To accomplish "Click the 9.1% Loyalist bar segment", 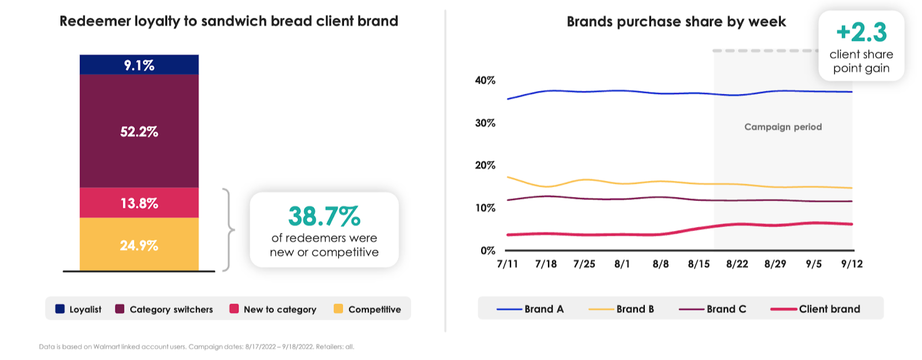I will point(139,65).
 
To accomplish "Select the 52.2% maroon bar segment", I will point(139,131).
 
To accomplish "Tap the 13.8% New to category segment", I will point(139,203).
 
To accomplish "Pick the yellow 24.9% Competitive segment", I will point(139,245).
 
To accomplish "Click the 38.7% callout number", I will point(324,217).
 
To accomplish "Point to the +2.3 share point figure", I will point(861,32).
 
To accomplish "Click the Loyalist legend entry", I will point(78,309).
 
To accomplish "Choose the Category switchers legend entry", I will point(164,309).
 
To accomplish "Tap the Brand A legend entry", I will point(531,309).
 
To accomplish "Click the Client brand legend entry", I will point(815,309).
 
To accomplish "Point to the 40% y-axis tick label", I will point(485,81).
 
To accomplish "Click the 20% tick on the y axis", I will point(485,165).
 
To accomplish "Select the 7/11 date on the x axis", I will point(507,264).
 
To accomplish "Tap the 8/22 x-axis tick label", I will point(737,264).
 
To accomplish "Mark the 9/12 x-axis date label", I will point(852,264).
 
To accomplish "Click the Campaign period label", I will point(783,127).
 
